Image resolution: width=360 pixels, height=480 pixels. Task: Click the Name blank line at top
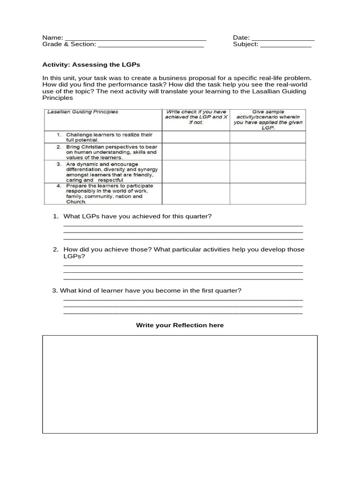(135, 38)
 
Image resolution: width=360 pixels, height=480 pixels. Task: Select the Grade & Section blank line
(150, 45)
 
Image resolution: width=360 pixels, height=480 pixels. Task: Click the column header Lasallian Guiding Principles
(82, 112)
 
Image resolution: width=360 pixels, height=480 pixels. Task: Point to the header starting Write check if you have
(195, 117)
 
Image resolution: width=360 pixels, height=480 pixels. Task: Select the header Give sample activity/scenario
(268, 120)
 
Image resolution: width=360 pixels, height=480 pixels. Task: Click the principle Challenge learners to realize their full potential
(105, 137)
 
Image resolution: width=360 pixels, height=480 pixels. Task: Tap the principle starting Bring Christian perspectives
(107, 152)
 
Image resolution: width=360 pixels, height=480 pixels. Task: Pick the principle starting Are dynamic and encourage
(108, 172)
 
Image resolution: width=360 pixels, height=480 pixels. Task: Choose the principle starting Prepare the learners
(105, 194)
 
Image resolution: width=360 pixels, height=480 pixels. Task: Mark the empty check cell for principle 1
(195, 137)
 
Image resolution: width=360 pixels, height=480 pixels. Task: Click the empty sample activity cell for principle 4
(268, 194)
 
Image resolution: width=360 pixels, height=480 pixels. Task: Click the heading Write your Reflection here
(180, 325)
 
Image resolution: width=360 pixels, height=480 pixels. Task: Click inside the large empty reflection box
(180, 384)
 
